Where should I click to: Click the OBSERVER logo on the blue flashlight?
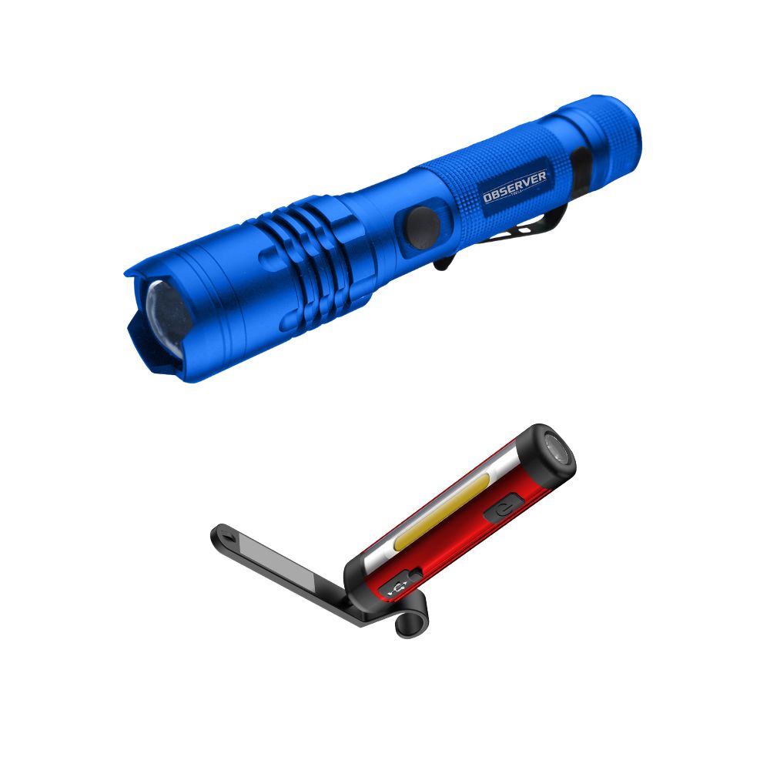[x=514, y=188]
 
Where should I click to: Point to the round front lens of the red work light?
[x=556, y=450]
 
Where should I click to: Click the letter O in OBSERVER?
[x=487, y=198]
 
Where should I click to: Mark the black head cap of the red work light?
[x=547, y=454]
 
